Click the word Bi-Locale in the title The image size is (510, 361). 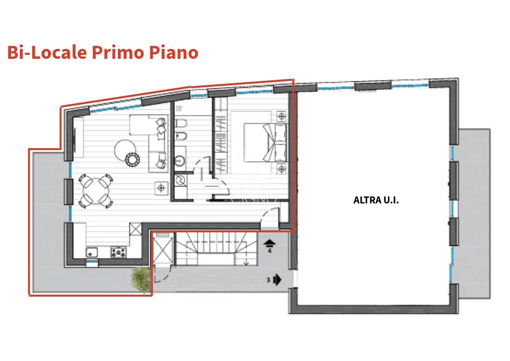(x=47, y=52)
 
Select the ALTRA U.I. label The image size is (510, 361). (x=376, y=200)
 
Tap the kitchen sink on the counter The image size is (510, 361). (x=92, y=252)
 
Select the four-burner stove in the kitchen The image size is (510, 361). (x=119, y=252)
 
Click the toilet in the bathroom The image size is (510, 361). (x=181, y=123)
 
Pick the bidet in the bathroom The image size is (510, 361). (x=180, y=136)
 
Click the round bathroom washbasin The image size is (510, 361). (x=180, y=161)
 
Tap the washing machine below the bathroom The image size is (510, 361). (x=180, y=180)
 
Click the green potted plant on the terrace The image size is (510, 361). (x=140, y=279)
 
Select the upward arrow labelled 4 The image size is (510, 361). (x=269, y=243)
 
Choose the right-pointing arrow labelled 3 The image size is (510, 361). (x=277, y=279)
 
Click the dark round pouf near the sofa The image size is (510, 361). (x=132, y=160)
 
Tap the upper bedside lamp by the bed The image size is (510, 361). (x=281, y=116)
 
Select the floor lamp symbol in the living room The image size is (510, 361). (x=161, y=188)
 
